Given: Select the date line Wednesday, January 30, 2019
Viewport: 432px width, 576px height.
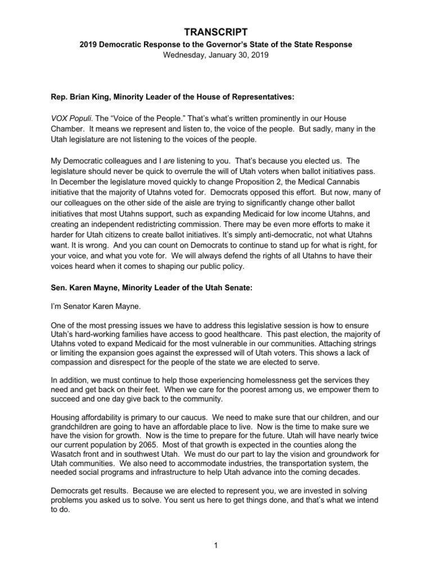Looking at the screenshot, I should pos(216,55).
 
